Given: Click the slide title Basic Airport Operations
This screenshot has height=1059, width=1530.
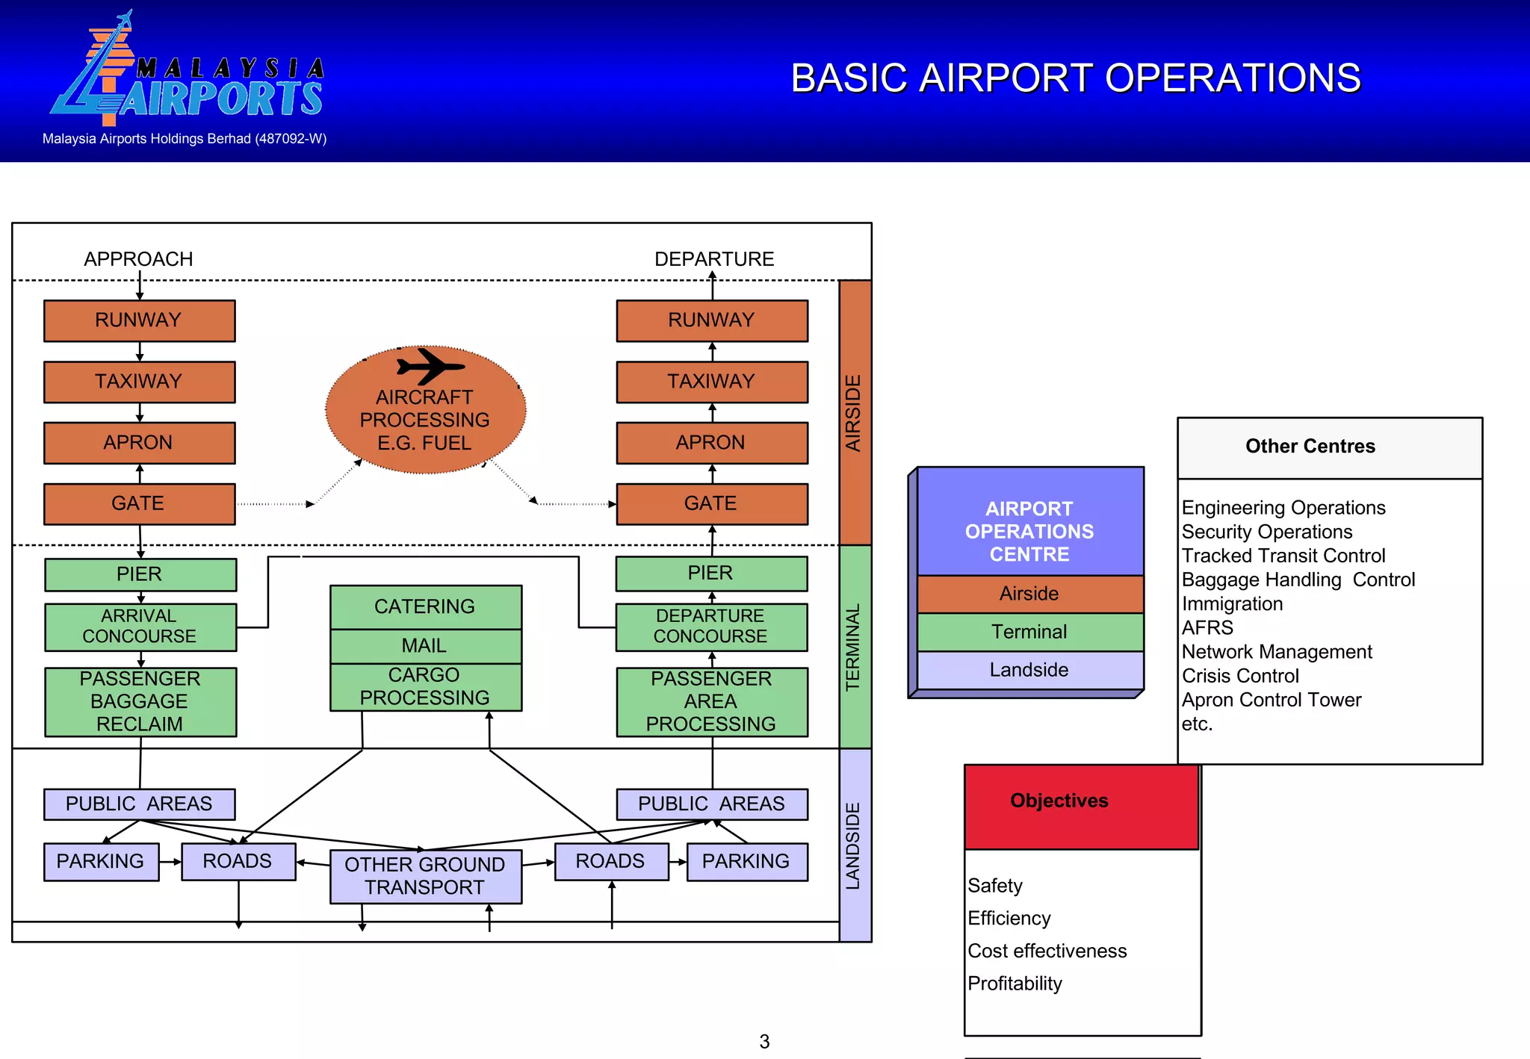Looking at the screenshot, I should [1075, 78].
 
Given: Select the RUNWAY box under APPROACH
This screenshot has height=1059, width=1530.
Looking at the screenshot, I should [139, 320].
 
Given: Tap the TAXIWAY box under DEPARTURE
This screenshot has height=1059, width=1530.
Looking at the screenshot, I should [711, 382].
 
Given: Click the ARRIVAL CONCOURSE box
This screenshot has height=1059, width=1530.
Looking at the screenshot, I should [140, 627].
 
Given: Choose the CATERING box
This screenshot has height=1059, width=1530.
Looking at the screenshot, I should [425, 606].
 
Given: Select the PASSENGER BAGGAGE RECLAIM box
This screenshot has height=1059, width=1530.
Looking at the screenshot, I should [140, 701].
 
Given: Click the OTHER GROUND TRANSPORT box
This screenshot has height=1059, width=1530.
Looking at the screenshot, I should [425, 876].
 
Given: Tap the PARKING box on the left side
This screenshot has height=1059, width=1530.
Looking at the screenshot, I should [101, 861].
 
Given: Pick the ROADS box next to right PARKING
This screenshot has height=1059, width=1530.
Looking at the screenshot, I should [610, 861].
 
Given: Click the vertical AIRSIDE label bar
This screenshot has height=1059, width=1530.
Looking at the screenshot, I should [855, 412].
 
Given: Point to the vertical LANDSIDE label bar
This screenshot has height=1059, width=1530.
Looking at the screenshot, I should [855, 845].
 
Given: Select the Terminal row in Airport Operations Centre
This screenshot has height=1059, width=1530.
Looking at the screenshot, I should [1029, 632].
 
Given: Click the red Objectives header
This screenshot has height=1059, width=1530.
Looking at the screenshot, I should [1080, 806].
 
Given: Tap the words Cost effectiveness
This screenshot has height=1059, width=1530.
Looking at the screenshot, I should [1047, 951].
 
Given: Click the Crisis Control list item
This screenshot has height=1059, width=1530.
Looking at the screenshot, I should [1240, 676].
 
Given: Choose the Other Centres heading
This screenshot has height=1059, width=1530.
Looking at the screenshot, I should [1310, 447].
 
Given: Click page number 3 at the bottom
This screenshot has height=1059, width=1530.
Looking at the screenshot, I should [764, 1041].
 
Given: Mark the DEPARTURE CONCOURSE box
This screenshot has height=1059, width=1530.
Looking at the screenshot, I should [710, 627].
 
